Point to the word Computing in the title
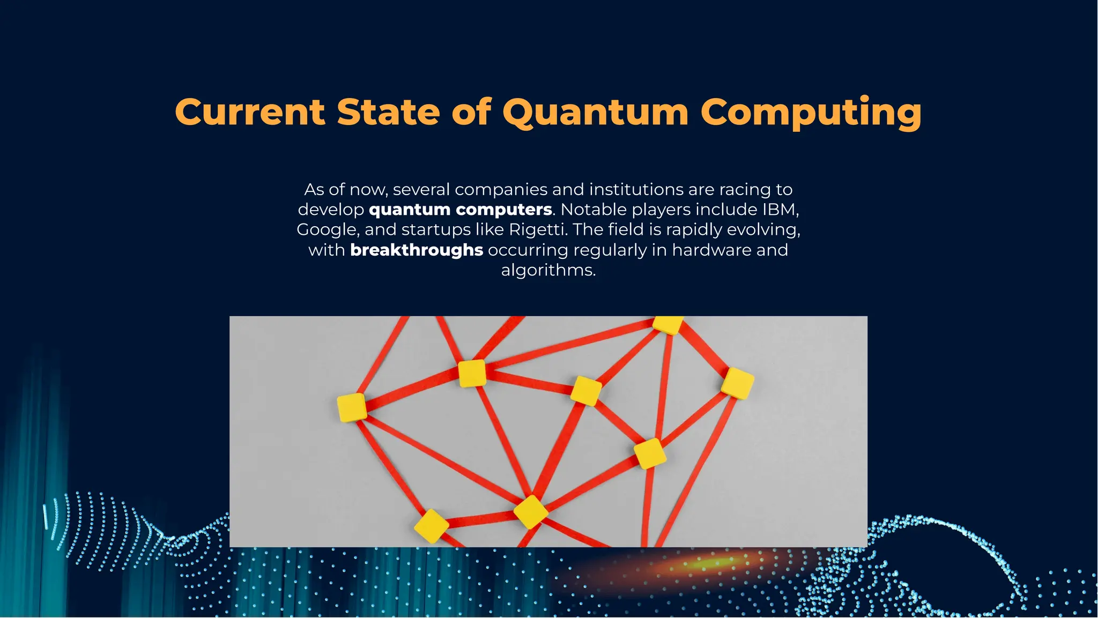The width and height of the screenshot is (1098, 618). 811,113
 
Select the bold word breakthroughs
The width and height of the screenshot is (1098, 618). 417,250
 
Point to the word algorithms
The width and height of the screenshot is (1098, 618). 548,270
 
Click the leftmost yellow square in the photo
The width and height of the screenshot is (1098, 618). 352,407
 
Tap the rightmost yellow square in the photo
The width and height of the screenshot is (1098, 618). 738,383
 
